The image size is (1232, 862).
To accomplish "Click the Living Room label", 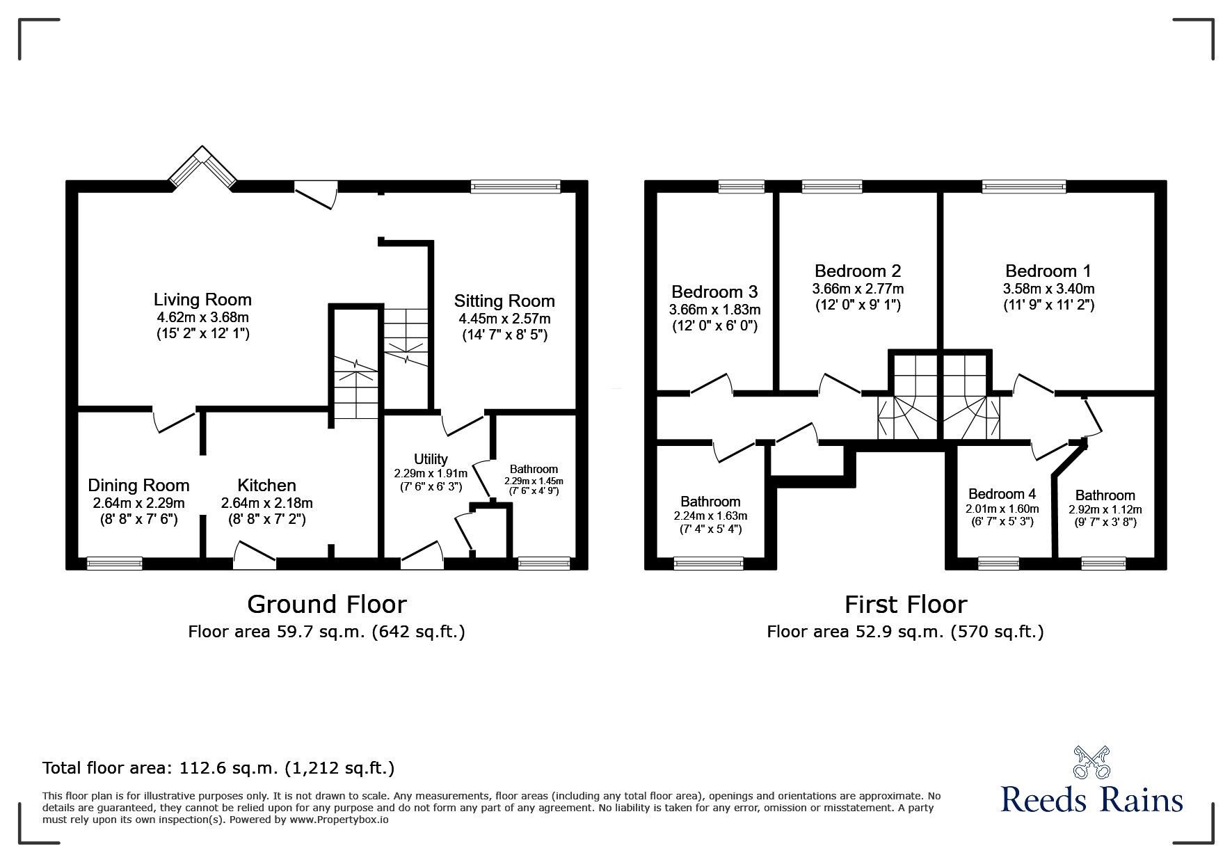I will point(202,300).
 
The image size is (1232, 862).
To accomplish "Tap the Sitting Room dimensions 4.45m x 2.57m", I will point(504,319).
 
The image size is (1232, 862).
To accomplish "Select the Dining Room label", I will point(138,485).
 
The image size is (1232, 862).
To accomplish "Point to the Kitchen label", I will point(266,485).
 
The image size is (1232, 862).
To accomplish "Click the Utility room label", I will point(431,459).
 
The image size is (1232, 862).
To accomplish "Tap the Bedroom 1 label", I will point(1048,271).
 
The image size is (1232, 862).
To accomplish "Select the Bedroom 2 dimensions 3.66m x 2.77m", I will point(858,289).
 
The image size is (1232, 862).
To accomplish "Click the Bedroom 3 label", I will point(714,292).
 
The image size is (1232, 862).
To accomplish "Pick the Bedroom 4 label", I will point(1002,494).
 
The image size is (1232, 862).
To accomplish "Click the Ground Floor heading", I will point(327,604).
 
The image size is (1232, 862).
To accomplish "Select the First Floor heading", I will point(906,604).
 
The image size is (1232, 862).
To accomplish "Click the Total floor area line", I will point(218,768).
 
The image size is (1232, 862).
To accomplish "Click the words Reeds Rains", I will point(1091,800).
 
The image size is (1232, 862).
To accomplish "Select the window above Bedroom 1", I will point(1023,186).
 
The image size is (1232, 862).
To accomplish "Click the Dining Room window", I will point(115,564).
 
